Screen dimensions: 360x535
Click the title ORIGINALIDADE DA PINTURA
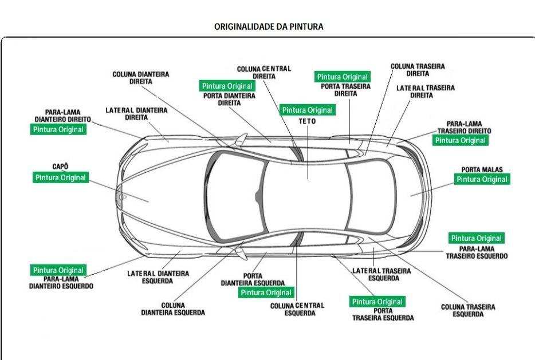click(268, 26)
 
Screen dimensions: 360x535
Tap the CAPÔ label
click(60, 167)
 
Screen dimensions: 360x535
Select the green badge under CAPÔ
click(60, 178)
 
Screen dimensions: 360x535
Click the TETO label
click(307, 121)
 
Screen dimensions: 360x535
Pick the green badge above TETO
click(307, 110)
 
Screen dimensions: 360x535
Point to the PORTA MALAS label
click(481, 169)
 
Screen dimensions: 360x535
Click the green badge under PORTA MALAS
click(481, 179)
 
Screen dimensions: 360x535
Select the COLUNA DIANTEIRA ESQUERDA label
click(172, 309)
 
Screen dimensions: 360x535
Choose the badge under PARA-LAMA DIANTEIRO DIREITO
click(58, 130)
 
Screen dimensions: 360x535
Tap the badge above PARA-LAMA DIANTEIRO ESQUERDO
click(58, 270)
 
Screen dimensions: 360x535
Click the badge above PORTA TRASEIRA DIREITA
click(343, 77)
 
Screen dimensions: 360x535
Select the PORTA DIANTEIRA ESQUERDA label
click(253, 279)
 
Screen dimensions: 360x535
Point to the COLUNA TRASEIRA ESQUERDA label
click(467, 310)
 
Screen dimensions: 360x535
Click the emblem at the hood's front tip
click(120, 198)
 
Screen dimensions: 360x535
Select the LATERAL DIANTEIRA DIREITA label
click(136, 113)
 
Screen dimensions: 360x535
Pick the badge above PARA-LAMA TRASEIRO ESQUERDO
click(476, 238)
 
